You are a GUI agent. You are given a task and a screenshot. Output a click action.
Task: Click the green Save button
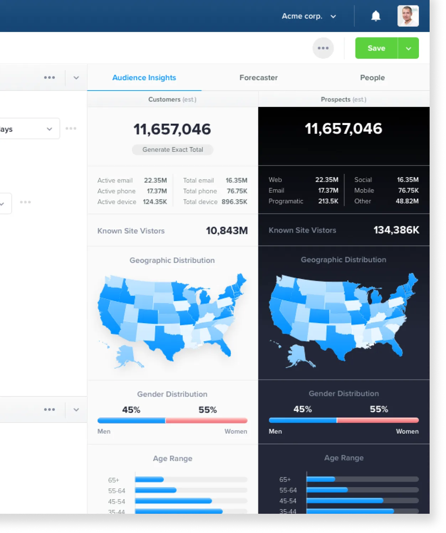[376, 48]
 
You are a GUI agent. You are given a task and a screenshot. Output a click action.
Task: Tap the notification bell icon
[376, 16]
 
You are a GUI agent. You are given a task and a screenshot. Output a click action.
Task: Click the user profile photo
[408, 16]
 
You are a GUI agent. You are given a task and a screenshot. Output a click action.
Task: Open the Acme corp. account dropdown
[308, 16]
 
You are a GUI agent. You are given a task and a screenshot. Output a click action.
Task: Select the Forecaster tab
[258, 78]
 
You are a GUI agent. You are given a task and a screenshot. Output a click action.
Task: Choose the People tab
[372, 78]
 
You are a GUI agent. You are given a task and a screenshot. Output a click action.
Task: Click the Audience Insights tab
[144, 78]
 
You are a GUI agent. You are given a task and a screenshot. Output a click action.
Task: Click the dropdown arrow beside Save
[408, 48]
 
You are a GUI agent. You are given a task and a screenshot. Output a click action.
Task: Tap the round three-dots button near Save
[323, 48]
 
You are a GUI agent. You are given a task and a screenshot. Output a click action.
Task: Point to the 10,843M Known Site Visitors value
[227, 231]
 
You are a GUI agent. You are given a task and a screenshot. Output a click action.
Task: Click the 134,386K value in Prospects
[396, 230]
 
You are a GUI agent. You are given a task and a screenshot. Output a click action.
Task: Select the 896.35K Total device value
[234, 202]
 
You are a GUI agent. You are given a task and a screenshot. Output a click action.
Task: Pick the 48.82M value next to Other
[407, 201]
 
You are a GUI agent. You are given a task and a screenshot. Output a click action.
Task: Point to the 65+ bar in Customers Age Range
[149, 480]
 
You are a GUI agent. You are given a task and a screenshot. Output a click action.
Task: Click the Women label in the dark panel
[407, 431]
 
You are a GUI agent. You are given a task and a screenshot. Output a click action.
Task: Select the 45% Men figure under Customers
[131, 410]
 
